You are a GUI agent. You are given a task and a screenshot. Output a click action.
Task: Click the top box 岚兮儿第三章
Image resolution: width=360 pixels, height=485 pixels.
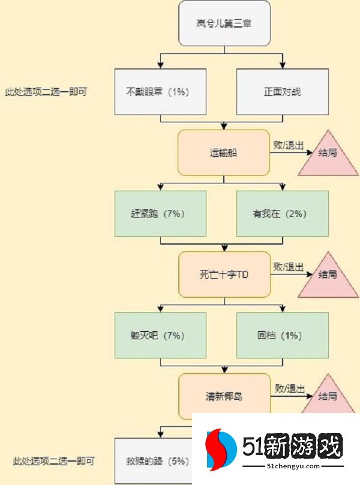click(x=225, y=24)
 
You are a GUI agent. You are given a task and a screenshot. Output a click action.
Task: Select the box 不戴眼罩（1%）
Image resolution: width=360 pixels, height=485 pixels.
click(x=161, y=92)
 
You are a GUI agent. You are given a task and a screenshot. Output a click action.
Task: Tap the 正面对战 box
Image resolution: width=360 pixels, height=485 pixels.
click(x=283, y=92)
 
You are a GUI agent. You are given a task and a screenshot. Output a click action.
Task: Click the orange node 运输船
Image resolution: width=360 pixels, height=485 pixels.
click(x=224, y=153)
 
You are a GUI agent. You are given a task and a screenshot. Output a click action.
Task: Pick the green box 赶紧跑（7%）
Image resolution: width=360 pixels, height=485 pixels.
click(x=161, y=213)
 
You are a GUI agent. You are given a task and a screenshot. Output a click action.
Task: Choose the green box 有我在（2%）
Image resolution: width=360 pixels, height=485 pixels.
click(x=283, y=213)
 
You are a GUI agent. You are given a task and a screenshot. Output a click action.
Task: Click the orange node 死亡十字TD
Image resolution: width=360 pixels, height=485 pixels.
click(x=224, y=275)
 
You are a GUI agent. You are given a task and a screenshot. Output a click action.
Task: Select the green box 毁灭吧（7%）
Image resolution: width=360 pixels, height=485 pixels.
click(x=161, y=336)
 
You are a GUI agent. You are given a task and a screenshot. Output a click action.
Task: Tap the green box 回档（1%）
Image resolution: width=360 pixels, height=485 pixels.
click(x=283, y=336)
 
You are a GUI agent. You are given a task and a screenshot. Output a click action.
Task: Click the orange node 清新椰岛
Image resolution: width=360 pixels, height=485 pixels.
click(x=224, y=396)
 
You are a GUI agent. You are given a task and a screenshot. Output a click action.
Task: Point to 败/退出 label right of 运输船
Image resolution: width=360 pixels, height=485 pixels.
click(x=289, y=145)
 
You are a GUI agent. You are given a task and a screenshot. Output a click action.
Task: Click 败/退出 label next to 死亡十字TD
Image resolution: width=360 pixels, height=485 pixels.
click(x=289, y=267)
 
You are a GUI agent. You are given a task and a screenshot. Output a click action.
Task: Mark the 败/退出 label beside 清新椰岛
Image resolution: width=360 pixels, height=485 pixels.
click(x=289, y=388)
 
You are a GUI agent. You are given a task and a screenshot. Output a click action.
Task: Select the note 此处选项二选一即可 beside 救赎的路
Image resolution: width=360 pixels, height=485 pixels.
click(x=53, y=462)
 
